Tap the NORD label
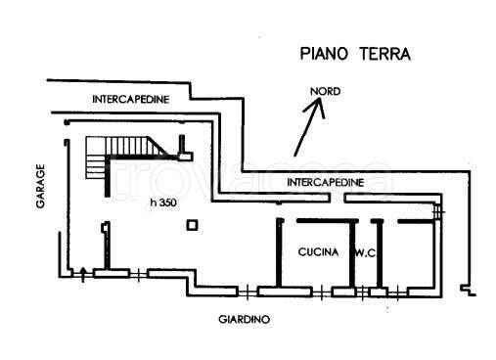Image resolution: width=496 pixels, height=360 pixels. (x=325, y=95)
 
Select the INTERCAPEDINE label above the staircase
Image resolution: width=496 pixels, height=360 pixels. (x=131, y=100)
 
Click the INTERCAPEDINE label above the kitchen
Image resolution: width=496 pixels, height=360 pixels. (x=326, y=182)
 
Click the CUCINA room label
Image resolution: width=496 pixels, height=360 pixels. (x=318, y=252)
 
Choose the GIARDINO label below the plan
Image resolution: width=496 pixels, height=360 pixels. (x=244, y=319)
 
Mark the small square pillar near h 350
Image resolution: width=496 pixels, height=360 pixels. (x=194, y=226)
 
